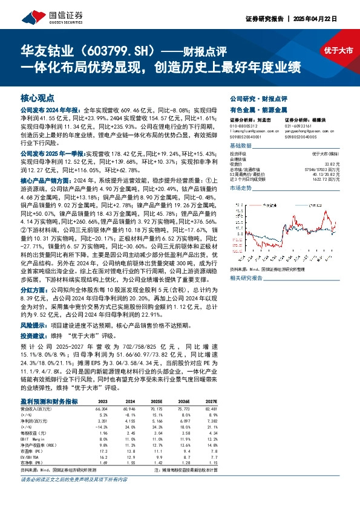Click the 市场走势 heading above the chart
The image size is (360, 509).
coord(240,189)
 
